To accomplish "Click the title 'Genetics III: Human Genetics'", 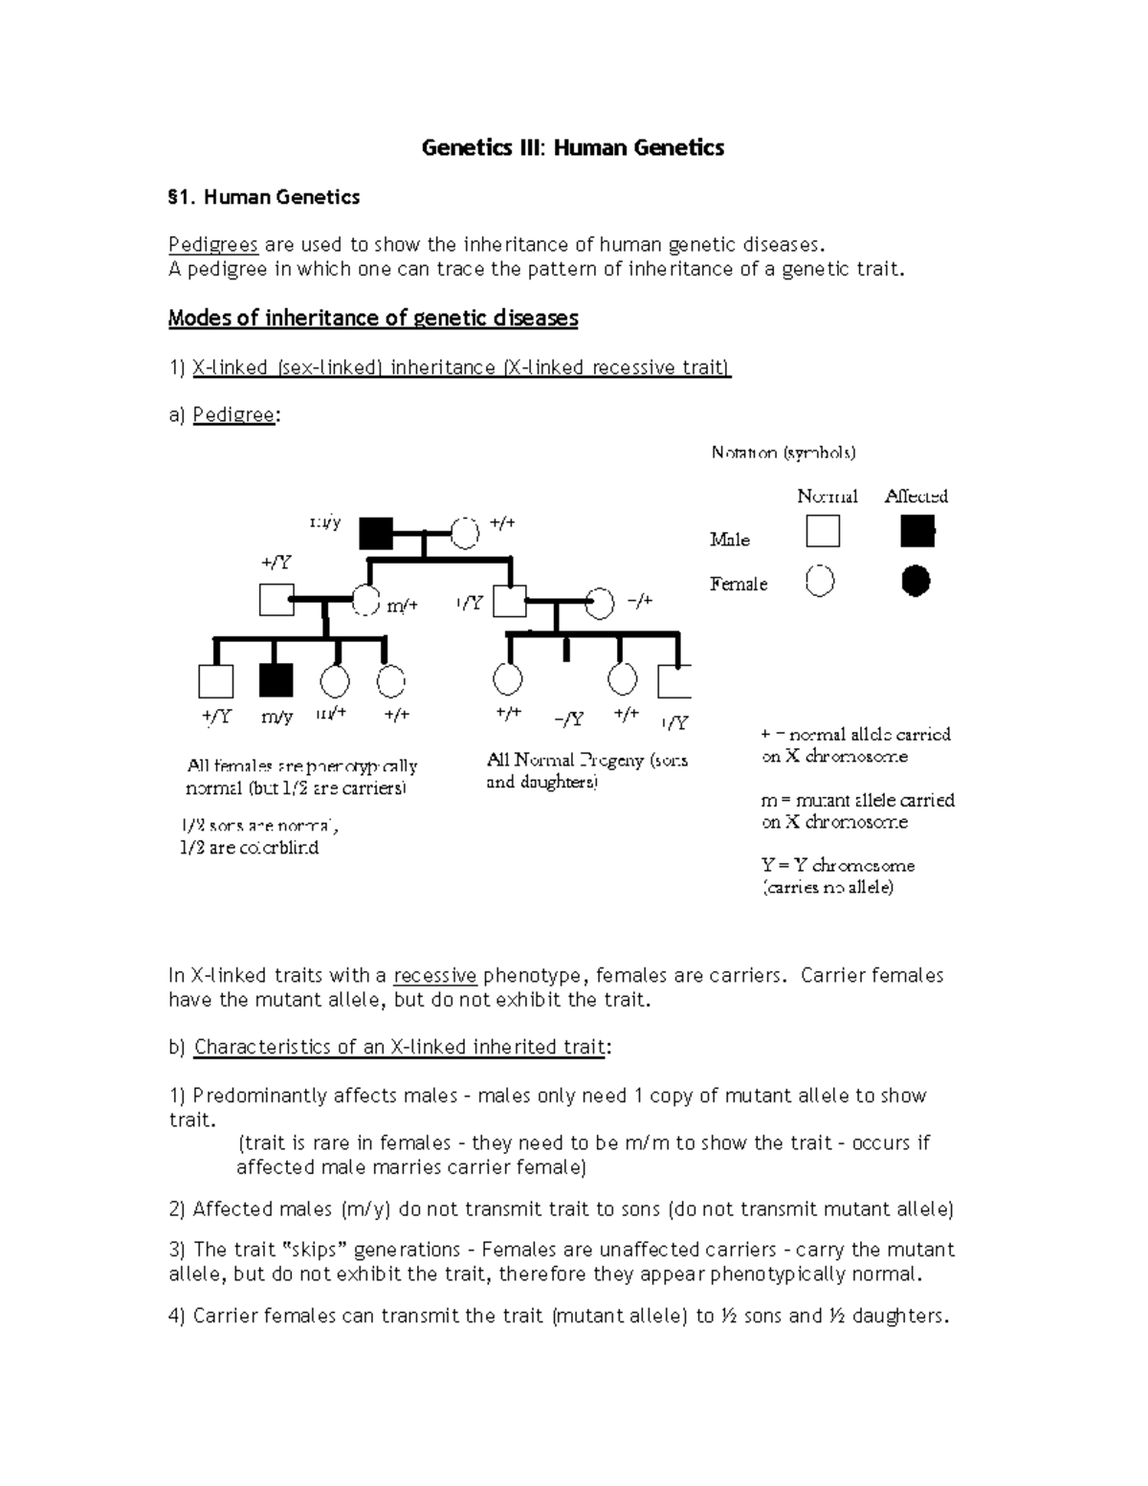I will click(x=573, y=147).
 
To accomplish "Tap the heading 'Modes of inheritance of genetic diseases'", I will click(x=373, y=318).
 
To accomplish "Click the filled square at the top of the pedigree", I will click(x=376, y=533).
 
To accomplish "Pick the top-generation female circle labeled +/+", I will click(x=465, y=532).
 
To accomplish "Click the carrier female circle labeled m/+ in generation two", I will click(x=367, y=601).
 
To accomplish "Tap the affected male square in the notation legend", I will click(x=917, y=530).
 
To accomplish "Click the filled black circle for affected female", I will click(x=916, y=581).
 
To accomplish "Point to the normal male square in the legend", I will click(x=823, y=530).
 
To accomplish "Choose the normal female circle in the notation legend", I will click(x=820, y=581).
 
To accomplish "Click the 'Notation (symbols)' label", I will click(x=783, y=453).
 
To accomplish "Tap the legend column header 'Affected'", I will click(x=916, y=496).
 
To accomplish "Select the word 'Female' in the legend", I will click(x=738, y=584).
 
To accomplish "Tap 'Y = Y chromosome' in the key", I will click(x=838, y=865).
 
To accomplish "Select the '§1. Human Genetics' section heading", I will click(x=264, y=197).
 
